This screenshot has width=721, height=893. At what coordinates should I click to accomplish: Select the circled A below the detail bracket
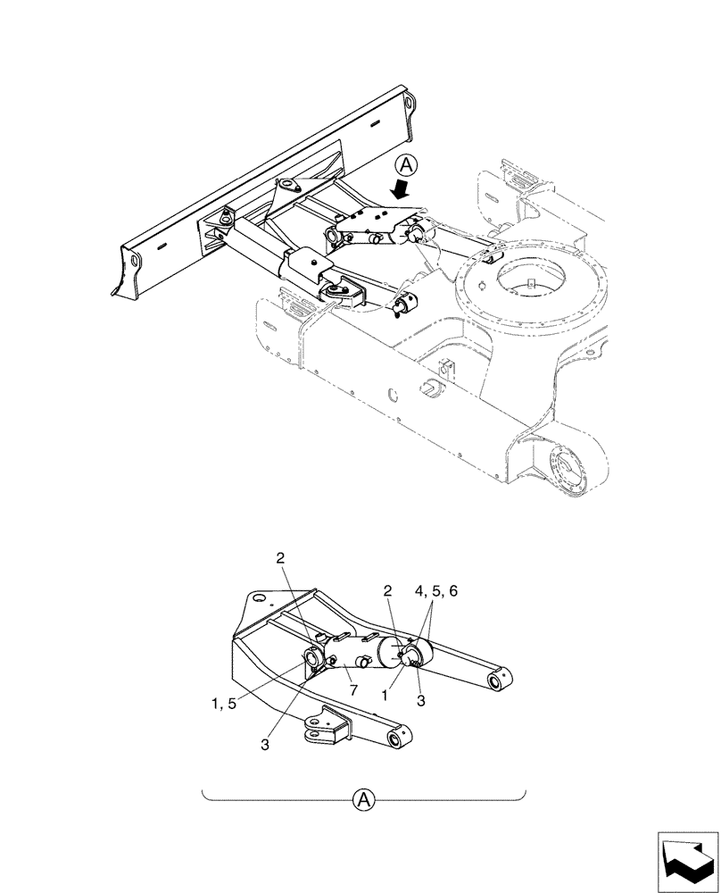click(363, 798)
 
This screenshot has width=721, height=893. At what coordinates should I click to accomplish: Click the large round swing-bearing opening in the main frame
click(534, 279)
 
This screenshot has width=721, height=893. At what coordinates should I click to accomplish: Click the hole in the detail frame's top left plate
click(258, 597)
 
